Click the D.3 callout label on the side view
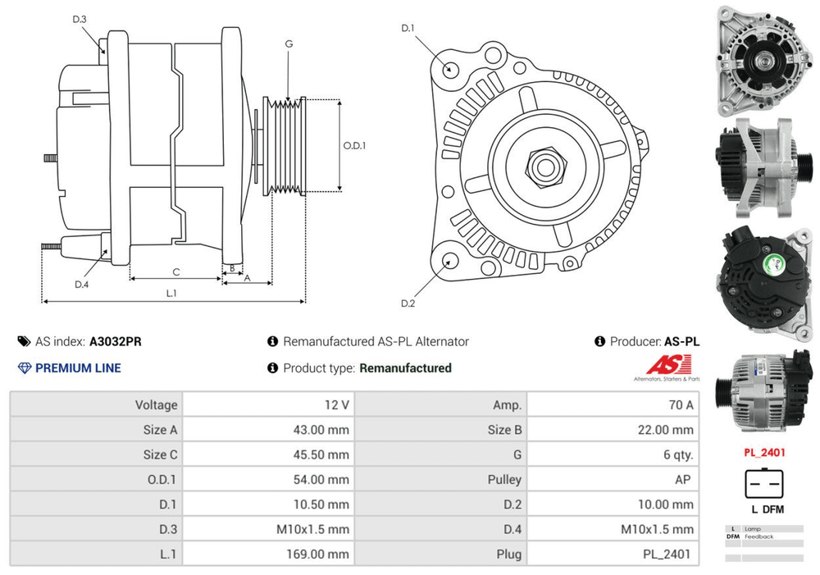click(80, 19)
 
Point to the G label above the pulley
click(289, 43)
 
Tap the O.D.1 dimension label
click(354, 145)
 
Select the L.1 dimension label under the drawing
click(171, 293)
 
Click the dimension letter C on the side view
click(175, 272)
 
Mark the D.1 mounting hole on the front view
click(449, 68)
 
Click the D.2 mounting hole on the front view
click(449, 262)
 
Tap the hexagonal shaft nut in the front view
click(543, 166)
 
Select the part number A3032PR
click(115, 342)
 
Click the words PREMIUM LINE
click(78, 368)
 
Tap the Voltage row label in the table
click(157, 404)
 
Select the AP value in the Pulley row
click(682, 479)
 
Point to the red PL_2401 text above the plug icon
click(763, 452)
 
